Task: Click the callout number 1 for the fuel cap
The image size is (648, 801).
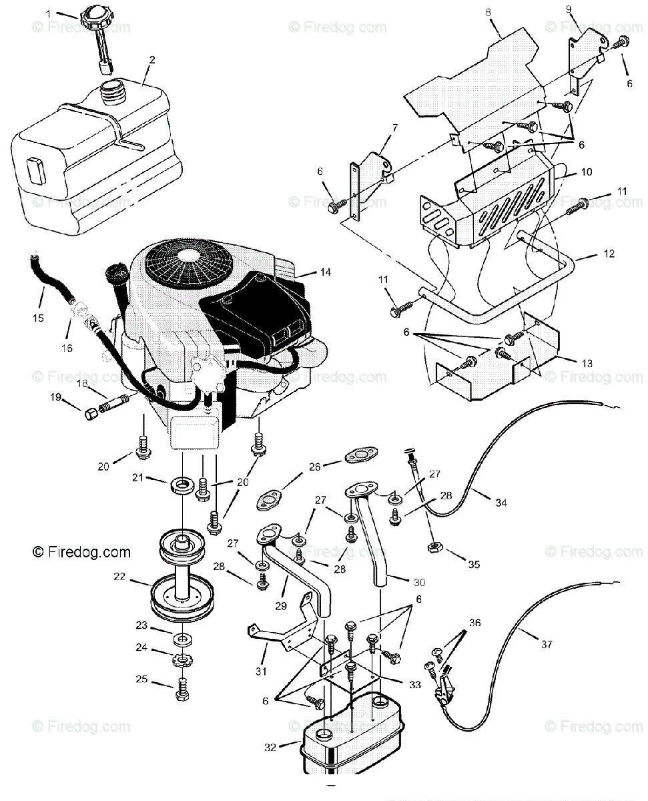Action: pos(48,12)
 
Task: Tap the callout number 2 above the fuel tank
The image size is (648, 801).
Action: pos(152,59)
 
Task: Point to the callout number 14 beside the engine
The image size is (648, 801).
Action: pos(325,272)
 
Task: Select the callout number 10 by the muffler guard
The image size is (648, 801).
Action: pos(586,172)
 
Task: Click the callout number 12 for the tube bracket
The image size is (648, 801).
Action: pos(589,254)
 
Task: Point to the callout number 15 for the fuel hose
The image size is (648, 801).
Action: pos(38,318)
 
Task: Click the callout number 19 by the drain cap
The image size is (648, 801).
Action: pos(55,398)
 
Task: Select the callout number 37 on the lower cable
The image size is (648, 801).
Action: pos(547,645)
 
